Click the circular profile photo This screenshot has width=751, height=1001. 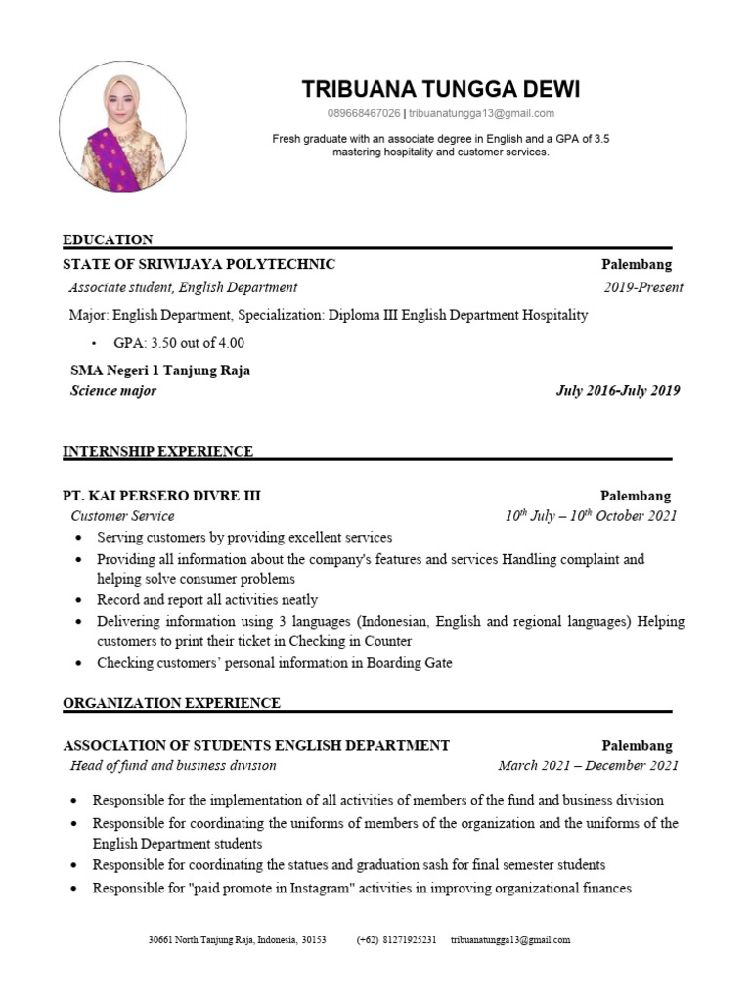point(123,126)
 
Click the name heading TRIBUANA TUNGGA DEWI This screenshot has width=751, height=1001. point(441,90)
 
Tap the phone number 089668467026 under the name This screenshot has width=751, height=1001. point(364,113)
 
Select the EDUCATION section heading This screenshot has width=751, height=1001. point(108,239)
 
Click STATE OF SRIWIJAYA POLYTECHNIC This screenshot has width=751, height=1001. point(199,264)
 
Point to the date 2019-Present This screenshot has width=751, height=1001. point(643,287)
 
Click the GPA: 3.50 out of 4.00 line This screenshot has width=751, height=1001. point(171,343)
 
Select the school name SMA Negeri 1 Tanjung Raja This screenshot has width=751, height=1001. point(160,370)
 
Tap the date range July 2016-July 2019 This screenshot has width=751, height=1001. point(618,391)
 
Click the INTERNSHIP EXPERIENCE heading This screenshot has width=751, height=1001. point(157,451)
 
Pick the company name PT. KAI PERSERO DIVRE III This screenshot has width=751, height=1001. point(161,496)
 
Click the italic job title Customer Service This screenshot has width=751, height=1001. point(122,516)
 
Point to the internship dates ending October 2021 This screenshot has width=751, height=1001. point(591,516)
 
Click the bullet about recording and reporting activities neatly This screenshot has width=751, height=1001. point(206,599)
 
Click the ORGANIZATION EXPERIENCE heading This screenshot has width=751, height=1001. point(171,703)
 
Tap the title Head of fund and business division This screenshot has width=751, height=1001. point(173,765)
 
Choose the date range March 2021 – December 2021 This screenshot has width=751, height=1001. point(588,765)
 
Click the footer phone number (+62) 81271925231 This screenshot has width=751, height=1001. point(396,940)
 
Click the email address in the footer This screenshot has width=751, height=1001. point(509,940)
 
